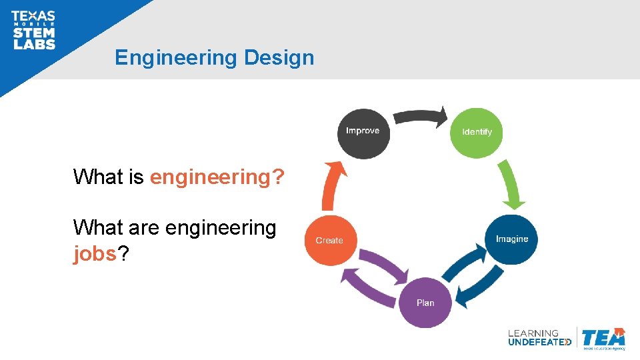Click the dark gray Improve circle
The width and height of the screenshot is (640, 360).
pyautogui.click(x=363, y=132)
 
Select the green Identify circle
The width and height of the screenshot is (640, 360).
pyautogui.click(x=477, y=132)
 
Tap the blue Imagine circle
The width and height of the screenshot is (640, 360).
pyautogui.click(x=512, y=239)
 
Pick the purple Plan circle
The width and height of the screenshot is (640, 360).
pyautogui.click(x=425, y=303)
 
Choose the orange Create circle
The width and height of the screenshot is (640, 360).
pyautogui.click(x=329, y=241)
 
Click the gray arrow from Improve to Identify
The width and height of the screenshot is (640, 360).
pyautogui.click(x=420, y=116)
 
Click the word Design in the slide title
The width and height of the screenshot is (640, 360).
pyautogui.click(x=279, y=57)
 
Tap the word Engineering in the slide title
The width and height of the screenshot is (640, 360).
pyautogui.click(x=175, y=57)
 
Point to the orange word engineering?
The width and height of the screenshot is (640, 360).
pyautogui.click(x=217, y=177)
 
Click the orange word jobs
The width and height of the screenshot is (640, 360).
pyautogui.click(x=95, y=253)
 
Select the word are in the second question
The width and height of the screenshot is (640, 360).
pyautogui.click(x=143, y=228)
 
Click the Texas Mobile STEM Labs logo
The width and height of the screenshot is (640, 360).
pyautogui.click(x=33, y=31)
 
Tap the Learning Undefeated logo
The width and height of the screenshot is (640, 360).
pyautogui.click(x=539, y=337)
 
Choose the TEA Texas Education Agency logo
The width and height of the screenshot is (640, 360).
pyautogui.click(x=603, y=338)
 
